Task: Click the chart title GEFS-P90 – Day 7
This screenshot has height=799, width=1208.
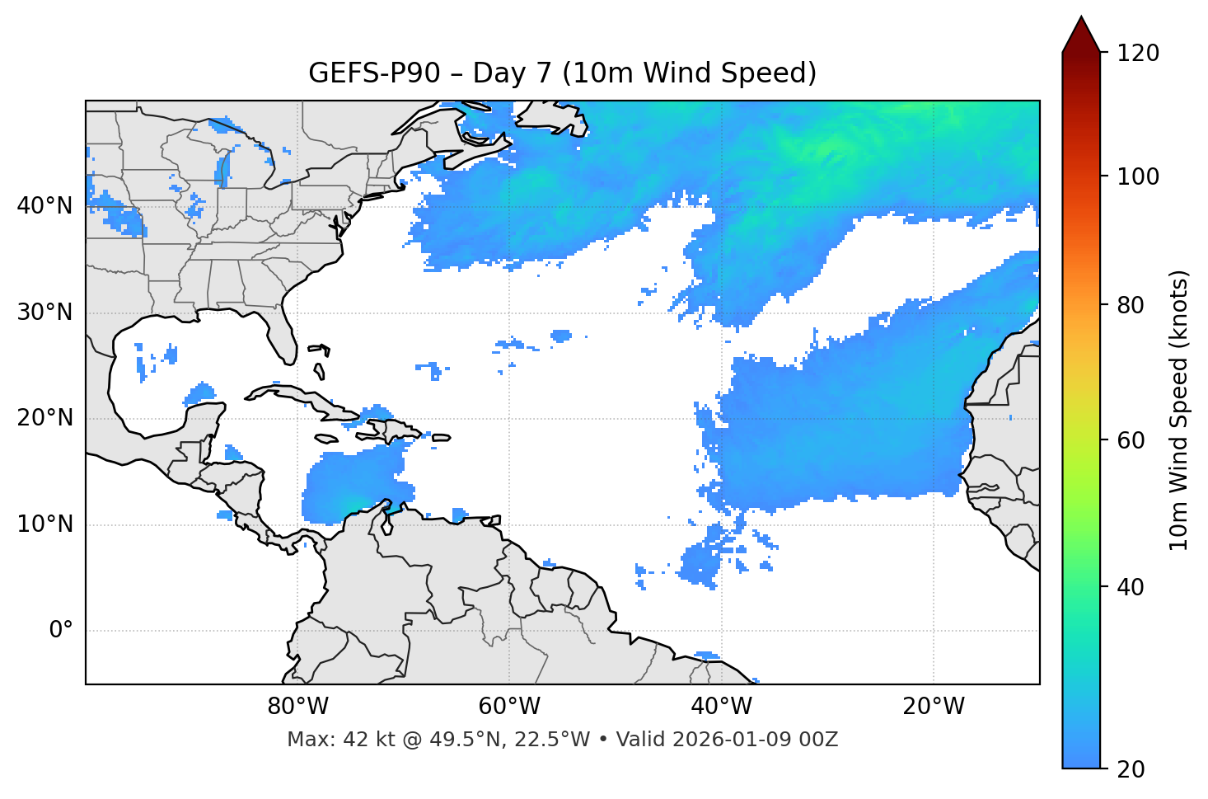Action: [562, 73]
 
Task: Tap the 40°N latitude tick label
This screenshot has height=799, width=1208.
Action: [44, 206]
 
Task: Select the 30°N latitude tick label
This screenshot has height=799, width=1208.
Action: [44, 313]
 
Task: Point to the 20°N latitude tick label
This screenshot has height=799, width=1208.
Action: [44, 418]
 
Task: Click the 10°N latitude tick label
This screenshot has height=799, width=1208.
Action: [44, 524]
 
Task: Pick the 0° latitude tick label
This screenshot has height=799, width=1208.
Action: [60, 631]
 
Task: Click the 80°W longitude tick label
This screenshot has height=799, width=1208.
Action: [297, 707]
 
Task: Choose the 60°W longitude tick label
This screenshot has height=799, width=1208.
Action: [509, 707]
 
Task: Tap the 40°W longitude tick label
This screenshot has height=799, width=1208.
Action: [722, 707]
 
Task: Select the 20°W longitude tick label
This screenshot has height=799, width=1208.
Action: [934, 707]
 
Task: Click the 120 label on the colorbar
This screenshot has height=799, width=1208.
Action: [1137, 54]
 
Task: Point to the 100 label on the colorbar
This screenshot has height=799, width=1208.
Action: [1137, 176]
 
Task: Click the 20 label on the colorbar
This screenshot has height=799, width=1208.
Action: [1131, 769]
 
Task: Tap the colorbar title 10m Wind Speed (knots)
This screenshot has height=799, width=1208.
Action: [1179, 410]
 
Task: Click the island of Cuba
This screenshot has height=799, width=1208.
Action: [305, 399]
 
